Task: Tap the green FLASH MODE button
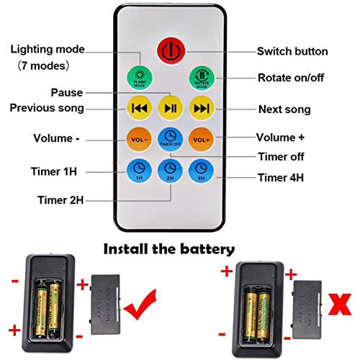tap(138, 78)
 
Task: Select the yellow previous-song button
tap(138, 108)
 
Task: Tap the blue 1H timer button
tap(138, 171)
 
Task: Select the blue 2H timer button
tap(169, 171)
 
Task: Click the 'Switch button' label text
tap(292, 52)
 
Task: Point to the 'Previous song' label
tap(46, 108)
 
